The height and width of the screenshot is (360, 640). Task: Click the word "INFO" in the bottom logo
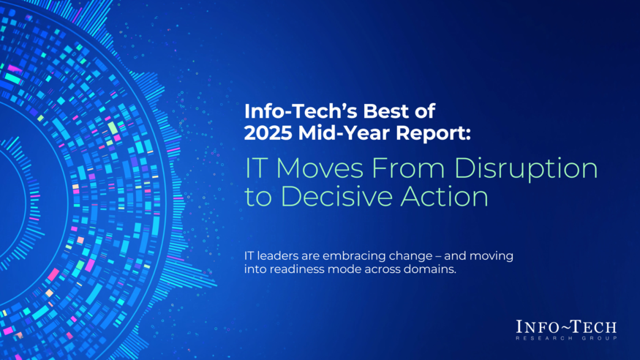point(540,326)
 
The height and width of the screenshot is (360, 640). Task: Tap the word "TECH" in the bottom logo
point(594,326)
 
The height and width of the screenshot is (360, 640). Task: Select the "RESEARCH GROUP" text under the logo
point(566,338)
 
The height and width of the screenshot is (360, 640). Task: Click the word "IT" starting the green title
point(253,168)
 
